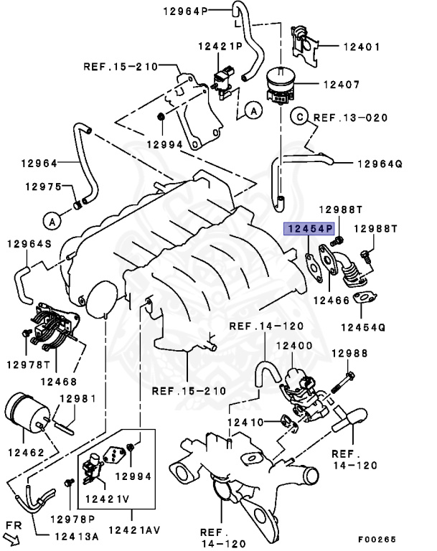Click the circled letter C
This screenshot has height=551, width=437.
(299, 116)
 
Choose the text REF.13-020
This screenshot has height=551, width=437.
(349, 117)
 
